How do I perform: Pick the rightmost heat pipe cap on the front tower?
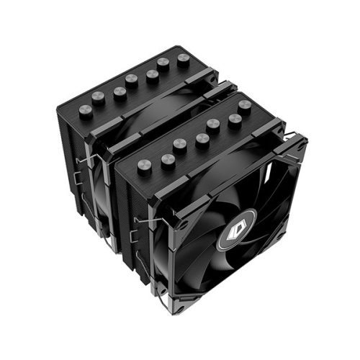(246, 104)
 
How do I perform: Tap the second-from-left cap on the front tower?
(168, 158)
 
